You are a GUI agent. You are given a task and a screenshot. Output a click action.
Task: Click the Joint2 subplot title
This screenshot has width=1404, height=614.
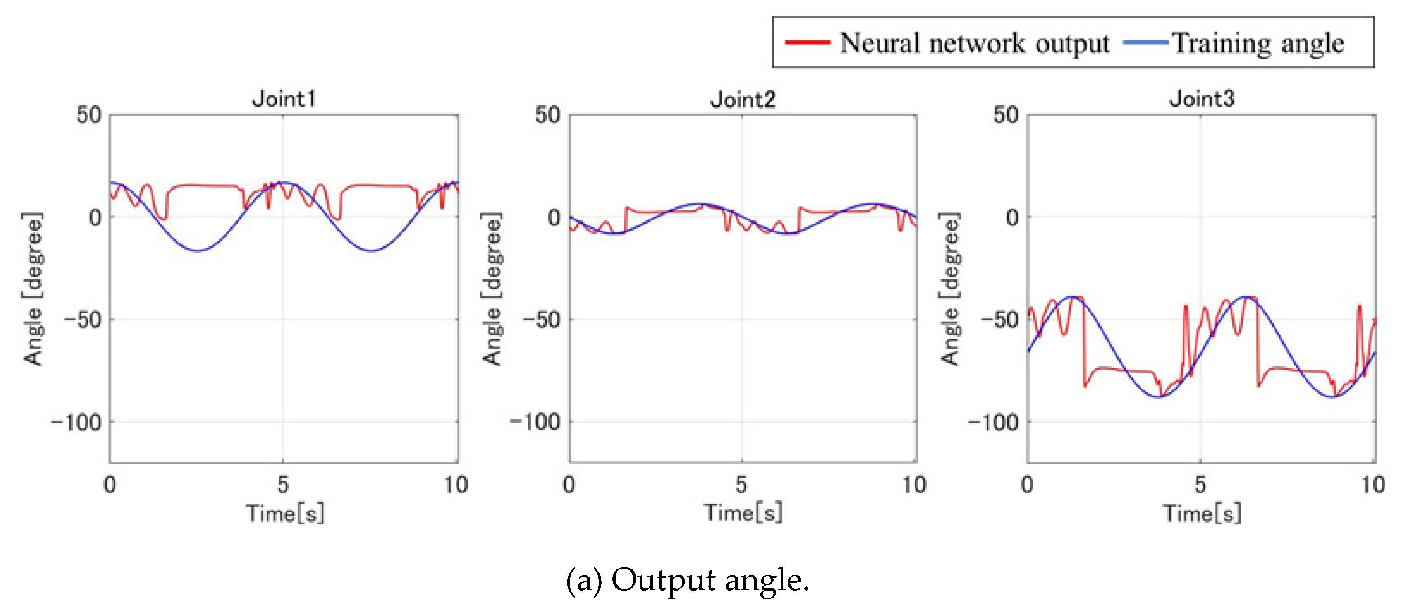click(742, 100)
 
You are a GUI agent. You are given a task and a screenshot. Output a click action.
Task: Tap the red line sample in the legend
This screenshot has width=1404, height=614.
click(808, 42)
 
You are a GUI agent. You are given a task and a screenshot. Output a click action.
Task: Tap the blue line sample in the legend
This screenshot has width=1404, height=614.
click(1145, 42)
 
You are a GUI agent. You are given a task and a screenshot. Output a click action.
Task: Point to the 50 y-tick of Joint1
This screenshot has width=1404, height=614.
click(89, 115)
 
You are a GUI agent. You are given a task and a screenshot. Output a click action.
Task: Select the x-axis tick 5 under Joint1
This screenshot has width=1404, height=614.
click(283, 484)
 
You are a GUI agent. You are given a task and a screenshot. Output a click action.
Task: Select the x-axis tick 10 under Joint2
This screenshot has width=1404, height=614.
click(914, 484)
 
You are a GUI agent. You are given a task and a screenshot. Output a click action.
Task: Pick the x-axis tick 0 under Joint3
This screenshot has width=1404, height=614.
click(1028, 484)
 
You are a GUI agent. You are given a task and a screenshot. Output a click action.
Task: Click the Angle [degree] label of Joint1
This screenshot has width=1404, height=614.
click(33, 289)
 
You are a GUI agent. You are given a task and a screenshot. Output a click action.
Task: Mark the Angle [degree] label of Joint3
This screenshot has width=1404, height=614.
click(950, 289)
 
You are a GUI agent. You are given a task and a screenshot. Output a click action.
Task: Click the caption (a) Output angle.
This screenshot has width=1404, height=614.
click(688, 580)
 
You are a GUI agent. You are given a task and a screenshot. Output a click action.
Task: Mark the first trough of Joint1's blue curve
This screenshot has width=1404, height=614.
click(198, 251)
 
